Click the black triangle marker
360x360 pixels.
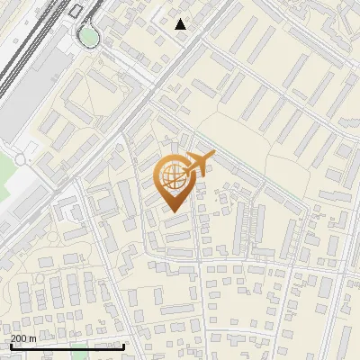click(181, 24)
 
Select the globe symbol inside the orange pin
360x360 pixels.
click(173, 177)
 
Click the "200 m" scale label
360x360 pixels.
click(23, 338)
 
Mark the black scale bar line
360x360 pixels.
click(67, 346)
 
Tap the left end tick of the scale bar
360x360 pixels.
click(10, 344)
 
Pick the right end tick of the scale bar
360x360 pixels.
click(123, 344)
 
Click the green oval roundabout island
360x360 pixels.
click(88, 35)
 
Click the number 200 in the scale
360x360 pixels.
click(19, 338)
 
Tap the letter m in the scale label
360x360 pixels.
click(32, 338)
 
